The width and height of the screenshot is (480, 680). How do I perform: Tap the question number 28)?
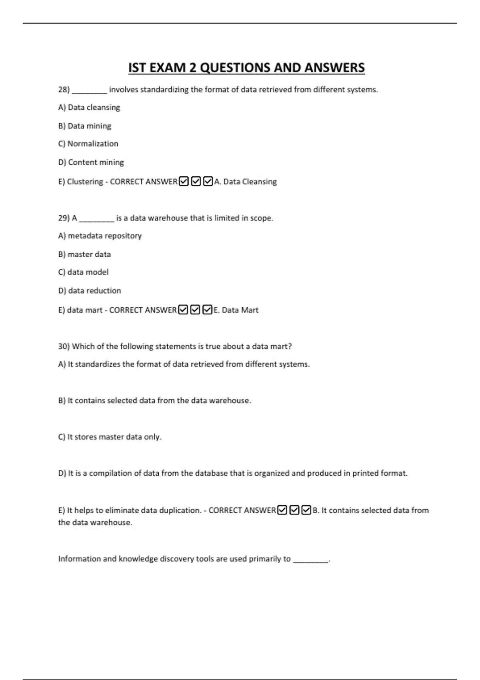click(x=64, y=90)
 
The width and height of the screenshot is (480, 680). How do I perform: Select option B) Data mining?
click(x=85, y=126)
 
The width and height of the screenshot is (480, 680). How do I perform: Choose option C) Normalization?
click(x=88, y=144)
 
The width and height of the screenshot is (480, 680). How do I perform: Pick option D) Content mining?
click(x=91, y=162)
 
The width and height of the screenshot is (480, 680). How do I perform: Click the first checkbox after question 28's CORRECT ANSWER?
click(x=184, y=182)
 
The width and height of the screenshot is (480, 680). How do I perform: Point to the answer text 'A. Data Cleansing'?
click(x=246, y=182)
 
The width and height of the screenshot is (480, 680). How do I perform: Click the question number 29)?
click(x=64, y=218)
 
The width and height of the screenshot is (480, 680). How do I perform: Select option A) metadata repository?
click(x=100, y=236)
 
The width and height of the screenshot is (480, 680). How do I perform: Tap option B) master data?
click(x=84, y=254)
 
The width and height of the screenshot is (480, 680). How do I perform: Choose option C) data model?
click(x=83, y=272)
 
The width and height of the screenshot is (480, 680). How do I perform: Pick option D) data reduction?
click(x=90, y=290)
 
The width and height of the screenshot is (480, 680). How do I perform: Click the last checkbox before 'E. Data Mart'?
click(x=207, y=310)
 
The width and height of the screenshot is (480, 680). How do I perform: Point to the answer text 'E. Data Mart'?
click(x=236, y=310)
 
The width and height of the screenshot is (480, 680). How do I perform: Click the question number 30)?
click(x=64, y=346)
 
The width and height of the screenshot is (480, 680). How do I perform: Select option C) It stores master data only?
click(x=110, y=437)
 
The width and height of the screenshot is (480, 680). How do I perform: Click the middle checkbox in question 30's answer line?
click(x=294, y=510)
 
